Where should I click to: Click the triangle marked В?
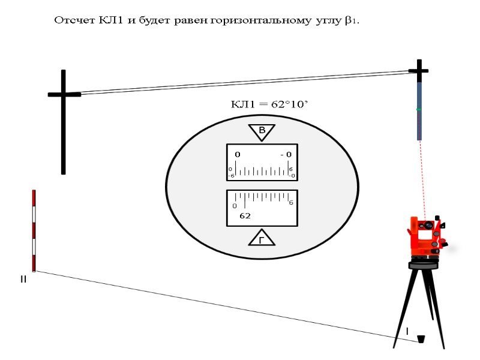pos(262,131)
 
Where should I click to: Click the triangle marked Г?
pos(262,239)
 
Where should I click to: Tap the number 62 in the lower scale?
pos(245,215)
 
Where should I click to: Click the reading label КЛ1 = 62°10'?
pos(269,104)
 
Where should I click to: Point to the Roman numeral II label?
pos(23,280)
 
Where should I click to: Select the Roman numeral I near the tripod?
pos(407,331)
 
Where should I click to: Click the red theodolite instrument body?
pos(427,237)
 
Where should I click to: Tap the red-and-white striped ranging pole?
pos(34,230)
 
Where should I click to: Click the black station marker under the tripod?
pos(421,340)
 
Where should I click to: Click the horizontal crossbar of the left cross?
pos(64,94)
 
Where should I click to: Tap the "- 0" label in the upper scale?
pos(286,154)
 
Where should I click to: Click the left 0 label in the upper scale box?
pos(238,154)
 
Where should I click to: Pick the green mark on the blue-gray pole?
pos(419,109)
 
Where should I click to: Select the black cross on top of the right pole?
pos(418,70)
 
